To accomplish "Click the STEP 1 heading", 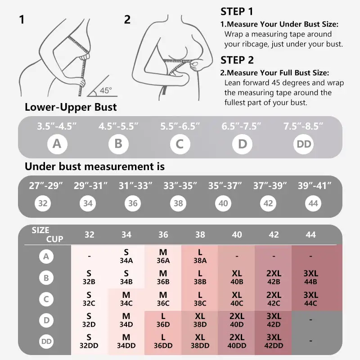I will click(x=237, y=12).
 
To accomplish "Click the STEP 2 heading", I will click(x=237, y=60).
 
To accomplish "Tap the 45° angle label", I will click(x=106, y=90).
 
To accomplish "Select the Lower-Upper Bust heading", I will click(x=71, y=107).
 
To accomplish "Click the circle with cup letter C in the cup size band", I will click(x=180, y=144).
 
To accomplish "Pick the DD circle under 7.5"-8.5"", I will click(x=303, y=144).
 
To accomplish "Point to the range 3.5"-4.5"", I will click(x=57, y=126).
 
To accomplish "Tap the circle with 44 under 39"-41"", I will click(x=314, y=203).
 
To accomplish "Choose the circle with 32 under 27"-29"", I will click(x=43, y=203).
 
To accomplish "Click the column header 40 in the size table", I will click(x=237, y=234).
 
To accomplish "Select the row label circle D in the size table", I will click(x=46, y=320).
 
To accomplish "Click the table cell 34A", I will click(x=126, y=256).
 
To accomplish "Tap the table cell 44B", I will click(x=310, y=277).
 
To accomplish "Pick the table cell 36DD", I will click(x=163, y=341).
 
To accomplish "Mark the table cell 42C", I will click(x=274, y=299).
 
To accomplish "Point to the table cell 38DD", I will click(x=200, y=341).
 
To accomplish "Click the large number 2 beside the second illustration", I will click(x=127, y=19).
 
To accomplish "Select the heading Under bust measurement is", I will click(x=94, y=166).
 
